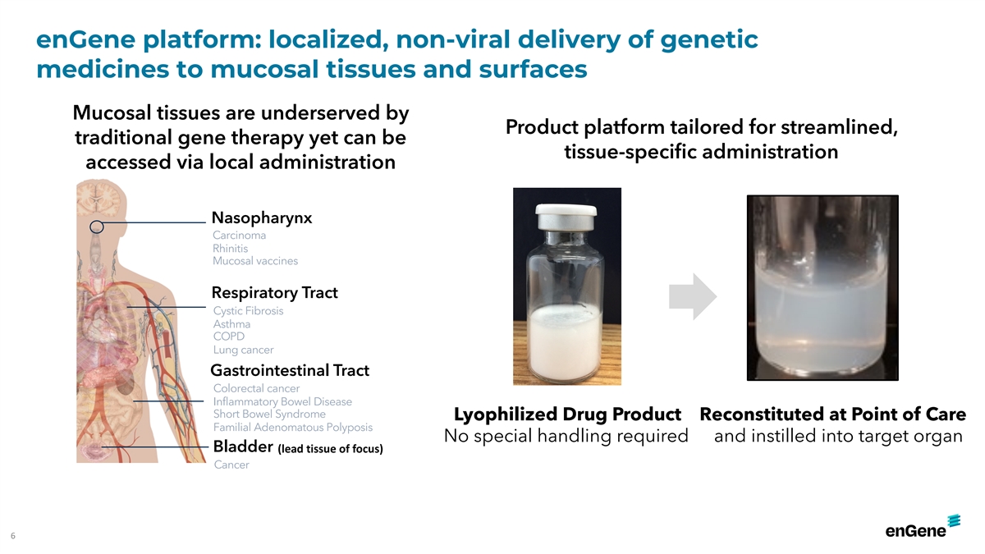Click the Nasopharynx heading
tap(262, 218)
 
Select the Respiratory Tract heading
tap(274, 293)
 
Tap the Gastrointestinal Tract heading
tap(290, 370)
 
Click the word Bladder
tap(243, 446)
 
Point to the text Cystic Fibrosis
tap(249, 311)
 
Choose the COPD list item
tap(229, 337)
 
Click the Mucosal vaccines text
tap(255, 261)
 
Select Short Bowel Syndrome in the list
tap(269, 414)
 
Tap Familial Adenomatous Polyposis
tap(293, 428)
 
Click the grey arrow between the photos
tap(693, 296)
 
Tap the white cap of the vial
tap(566, 211)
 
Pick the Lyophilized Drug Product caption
tap(567, 414)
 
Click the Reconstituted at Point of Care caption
tap(832, 414)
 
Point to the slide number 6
tap(13, 535)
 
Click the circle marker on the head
tap(97, 227)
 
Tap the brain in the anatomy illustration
tap(98, 197)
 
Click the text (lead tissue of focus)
tap(330, 449)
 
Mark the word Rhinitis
tap(230, 249)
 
